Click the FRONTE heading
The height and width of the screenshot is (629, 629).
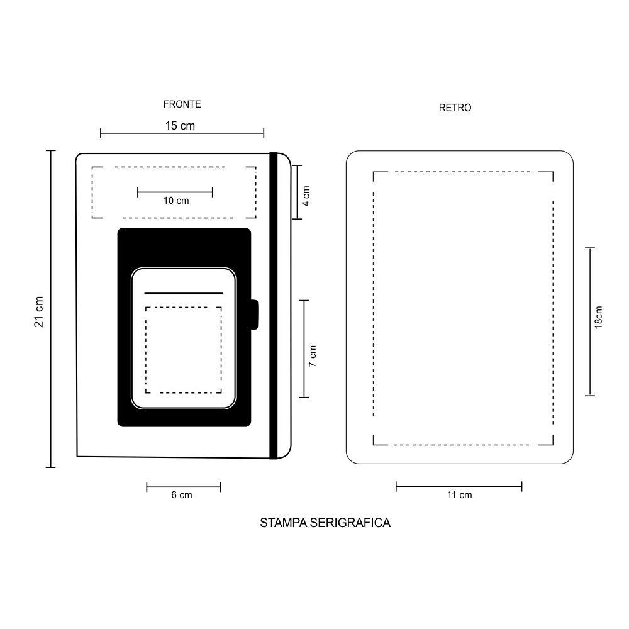coord(182,104)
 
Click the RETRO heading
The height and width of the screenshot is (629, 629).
coord(455,108)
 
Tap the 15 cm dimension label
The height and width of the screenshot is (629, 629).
coord(180,126)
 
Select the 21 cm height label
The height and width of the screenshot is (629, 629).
coord(39,312)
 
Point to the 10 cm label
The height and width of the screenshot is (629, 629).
coord(176,201)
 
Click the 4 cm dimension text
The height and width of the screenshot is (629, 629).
coord(306,196)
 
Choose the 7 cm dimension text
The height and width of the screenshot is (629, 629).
coord(313,356)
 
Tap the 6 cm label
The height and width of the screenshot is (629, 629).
coord(182,495)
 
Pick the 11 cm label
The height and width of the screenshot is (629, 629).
coord(459,495)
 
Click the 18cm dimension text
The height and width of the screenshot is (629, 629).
coord(599,317)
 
